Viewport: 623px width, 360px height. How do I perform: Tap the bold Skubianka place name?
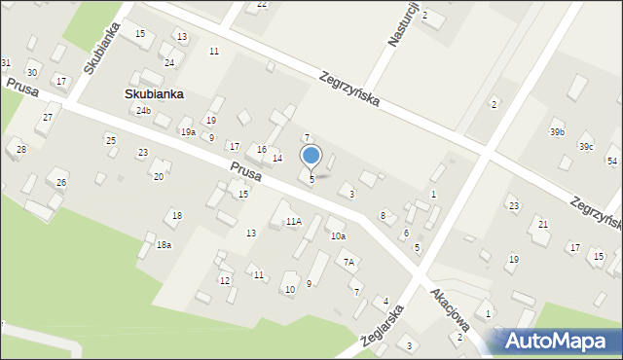pos(154,94)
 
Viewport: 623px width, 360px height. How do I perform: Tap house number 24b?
pos(143,111)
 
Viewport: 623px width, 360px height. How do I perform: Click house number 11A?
pos(293,222)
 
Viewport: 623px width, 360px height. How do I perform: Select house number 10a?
pos(337,236)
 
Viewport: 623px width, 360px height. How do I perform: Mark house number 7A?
pos(348,262)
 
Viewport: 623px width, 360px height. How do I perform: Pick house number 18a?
pos(164,245)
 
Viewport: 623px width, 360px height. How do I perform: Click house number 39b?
pos(557,132)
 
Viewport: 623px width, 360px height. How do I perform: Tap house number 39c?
pos(586,146)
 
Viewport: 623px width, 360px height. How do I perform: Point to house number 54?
pos(611,161)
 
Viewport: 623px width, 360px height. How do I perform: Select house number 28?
pos(20,149)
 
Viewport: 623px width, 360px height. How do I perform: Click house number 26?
pos(61,183)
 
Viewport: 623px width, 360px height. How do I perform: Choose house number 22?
pos(261,5)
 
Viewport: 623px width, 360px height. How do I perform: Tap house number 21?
pos(542,225)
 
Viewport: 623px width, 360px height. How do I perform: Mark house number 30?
pos(32,73)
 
